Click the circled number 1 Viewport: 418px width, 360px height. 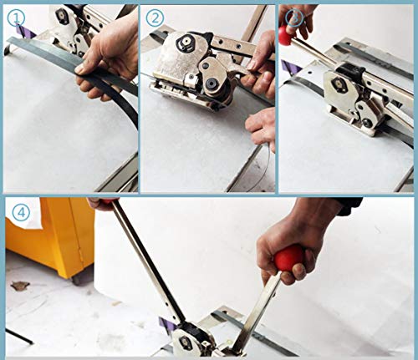coord(16,18)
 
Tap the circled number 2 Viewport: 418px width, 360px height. coord(155,18)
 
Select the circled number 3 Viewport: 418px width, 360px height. coord(295,18)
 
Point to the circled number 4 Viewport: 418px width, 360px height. coord(21,213)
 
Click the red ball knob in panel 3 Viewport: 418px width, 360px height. coord(286,35)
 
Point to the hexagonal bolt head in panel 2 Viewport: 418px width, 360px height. coord(186,43)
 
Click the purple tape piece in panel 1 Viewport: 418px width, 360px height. coord(24,32)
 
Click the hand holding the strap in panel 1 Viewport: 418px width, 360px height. coord(109,53)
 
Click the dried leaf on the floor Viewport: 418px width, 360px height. coord(19,286)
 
